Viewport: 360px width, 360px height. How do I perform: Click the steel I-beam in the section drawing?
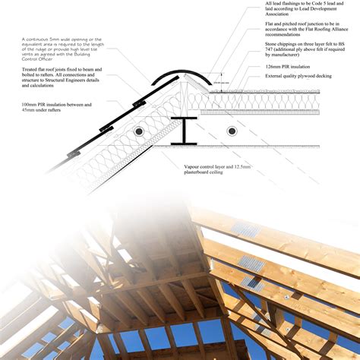pyautogui.click(x=185, y=131)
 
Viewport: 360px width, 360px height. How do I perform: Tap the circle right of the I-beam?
pyautogui.click(x=231, y=131)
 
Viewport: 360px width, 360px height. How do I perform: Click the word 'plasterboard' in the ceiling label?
pyautogui.click(x=200, y=174)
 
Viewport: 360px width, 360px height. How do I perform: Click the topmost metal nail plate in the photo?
pyautogui.click(x=245, y=229)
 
